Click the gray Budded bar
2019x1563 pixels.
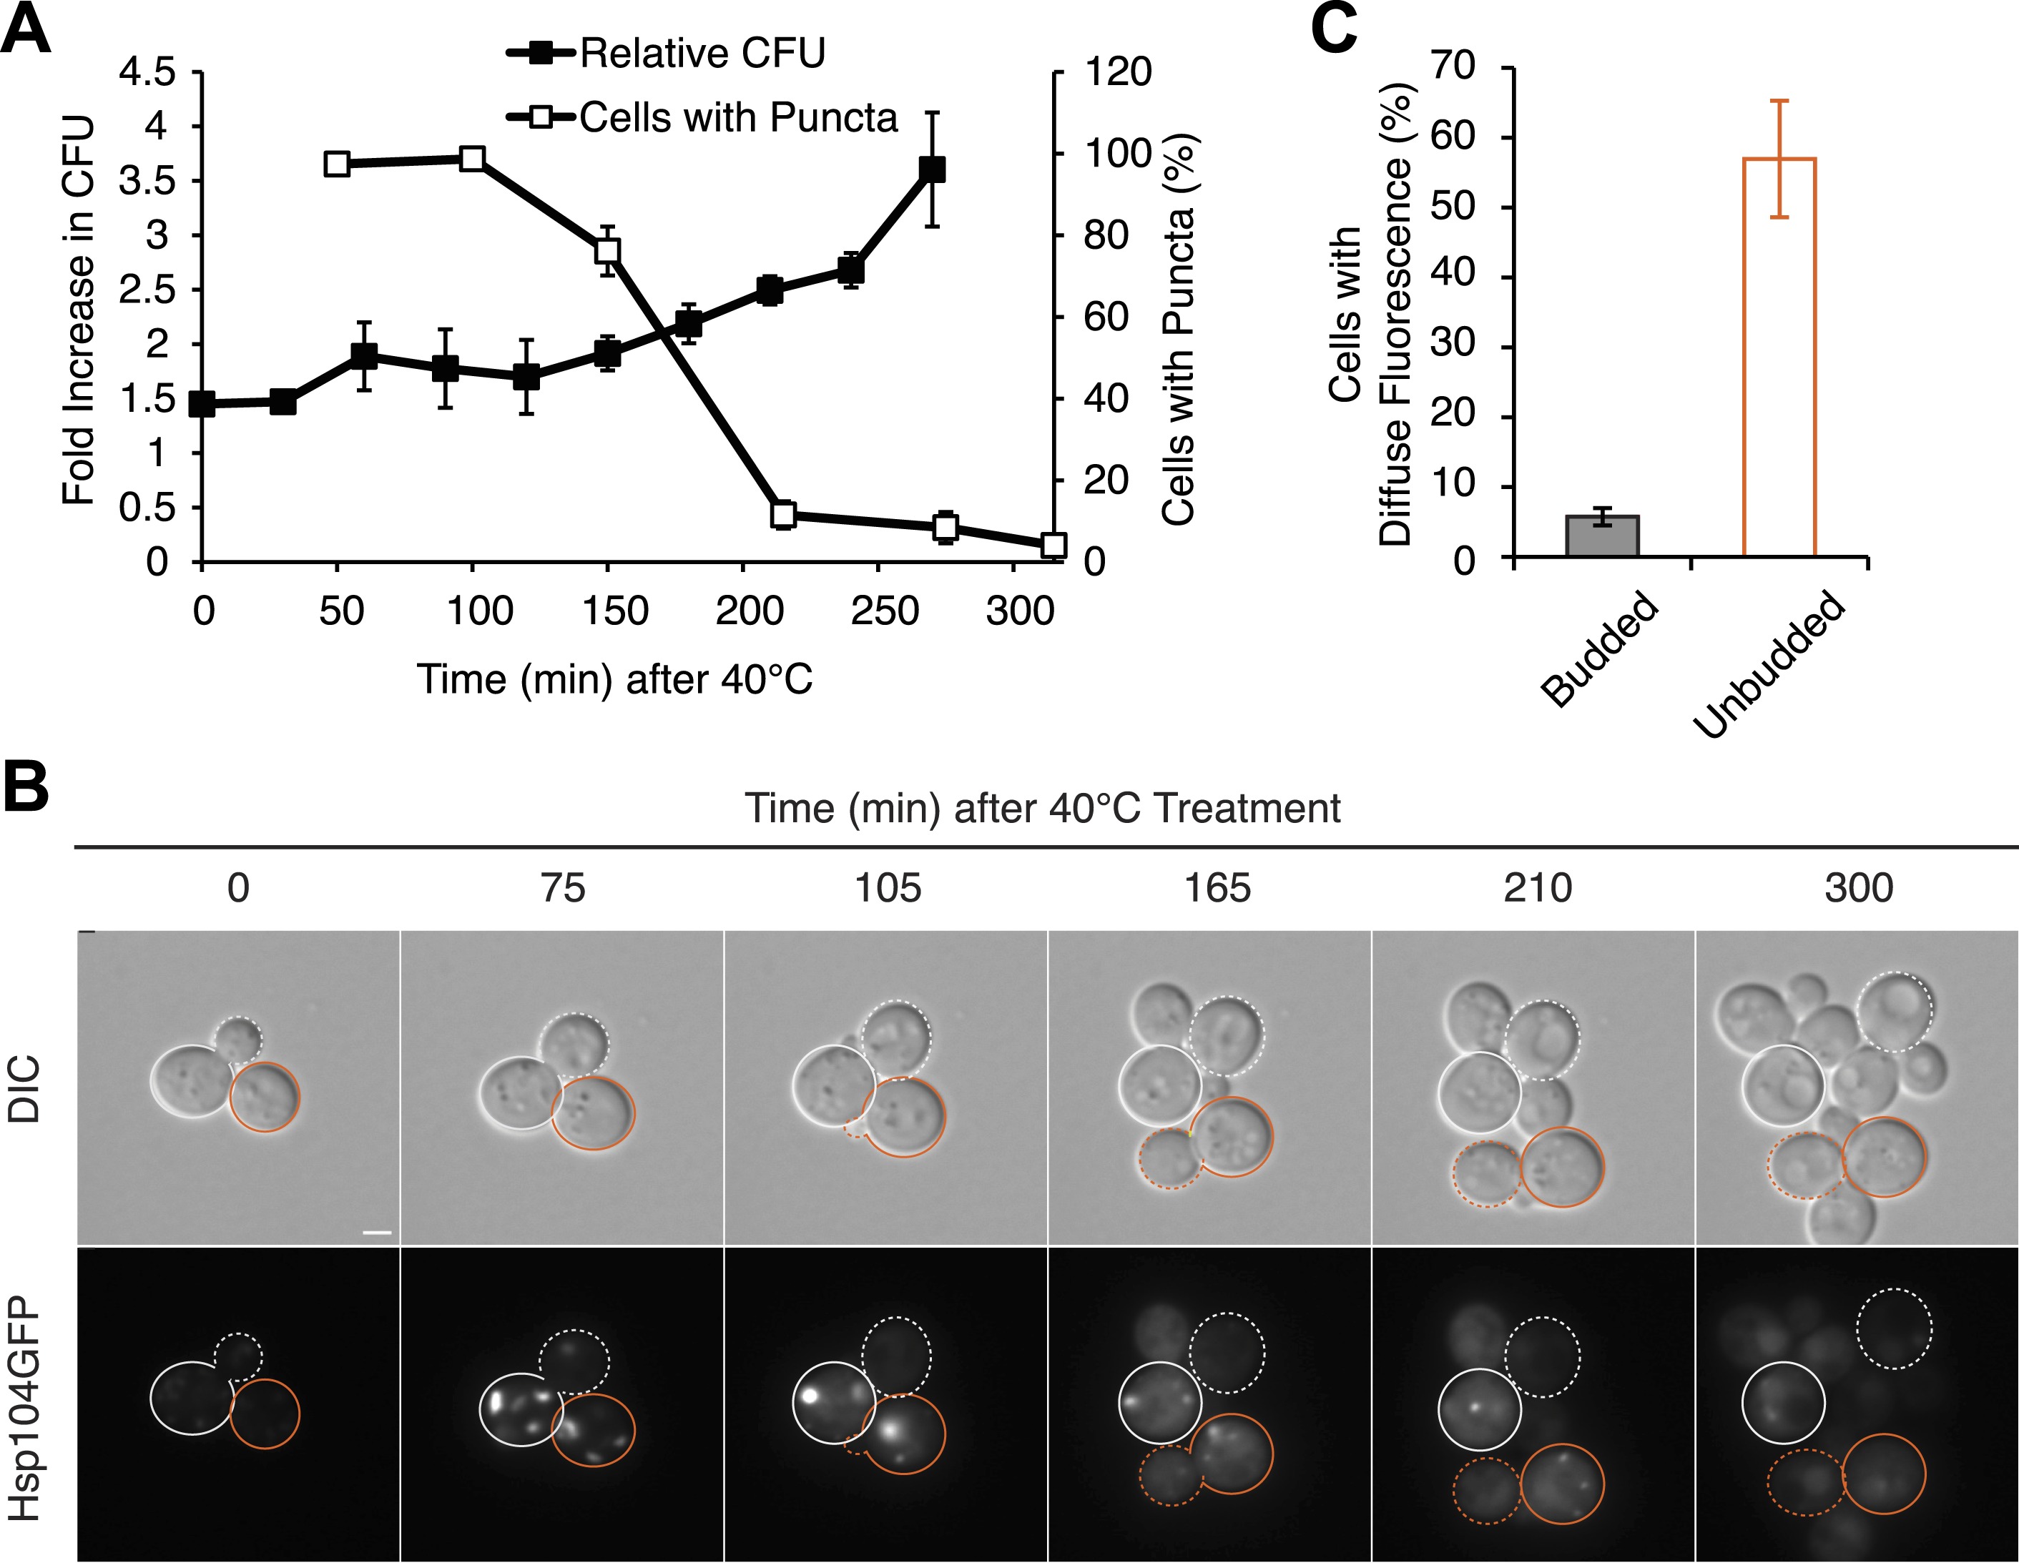coord(1601,536)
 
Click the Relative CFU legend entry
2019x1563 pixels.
coord(666,54)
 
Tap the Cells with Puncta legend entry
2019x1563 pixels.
coord(702,117)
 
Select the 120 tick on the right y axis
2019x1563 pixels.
coord(1118,72)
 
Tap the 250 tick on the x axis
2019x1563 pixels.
coord(885,612)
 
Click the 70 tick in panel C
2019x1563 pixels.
coord(1453,66)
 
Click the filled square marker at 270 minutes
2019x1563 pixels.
coord(932,169)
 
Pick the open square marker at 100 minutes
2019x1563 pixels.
coord(473,159)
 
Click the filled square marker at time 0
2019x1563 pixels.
coord(202,404)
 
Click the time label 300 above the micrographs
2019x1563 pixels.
coord(1858,888)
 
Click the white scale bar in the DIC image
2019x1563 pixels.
coord(377,1232)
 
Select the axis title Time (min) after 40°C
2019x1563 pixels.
coord(615,680)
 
